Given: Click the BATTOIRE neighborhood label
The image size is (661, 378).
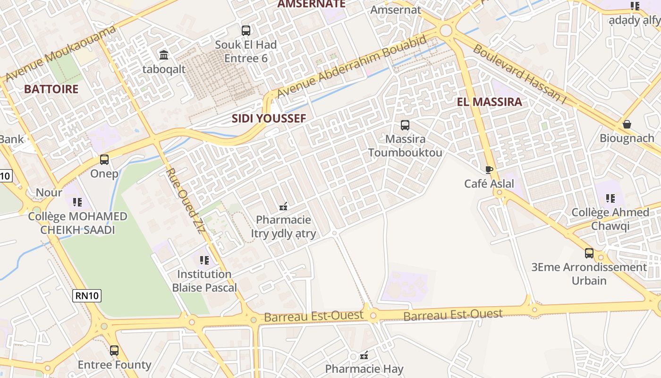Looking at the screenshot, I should (51, 89).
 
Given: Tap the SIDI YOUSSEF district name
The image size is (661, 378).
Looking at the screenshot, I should (269, 118).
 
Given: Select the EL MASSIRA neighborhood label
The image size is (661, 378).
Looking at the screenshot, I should (490, 102).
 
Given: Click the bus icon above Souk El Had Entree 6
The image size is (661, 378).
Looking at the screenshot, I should (246, 31).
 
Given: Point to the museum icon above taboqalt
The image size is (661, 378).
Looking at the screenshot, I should (164, 55).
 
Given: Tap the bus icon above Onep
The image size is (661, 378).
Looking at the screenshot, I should (104, 160).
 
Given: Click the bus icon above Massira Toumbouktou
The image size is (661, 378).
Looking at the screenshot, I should (405, 125).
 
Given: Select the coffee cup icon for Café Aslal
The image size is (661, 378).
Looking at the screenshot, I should (489, 170).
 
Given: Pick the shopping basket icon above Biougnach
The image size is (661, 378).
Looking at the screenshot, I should (627, 124).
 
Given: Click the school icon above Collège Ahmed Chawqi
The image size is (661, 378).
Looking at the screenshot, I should (610, 198).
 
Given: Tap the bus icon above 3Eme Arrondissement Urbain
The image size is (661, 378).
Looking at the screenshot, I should (589, 253).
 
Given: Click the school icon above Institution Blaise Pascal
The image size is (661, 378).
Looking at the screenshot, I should (204, 260).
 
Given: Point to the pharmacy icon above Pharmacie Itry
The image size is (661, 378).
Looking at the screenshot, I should (283, 206).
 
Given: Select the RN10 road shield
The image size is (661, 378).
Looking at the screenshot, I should (87, 296).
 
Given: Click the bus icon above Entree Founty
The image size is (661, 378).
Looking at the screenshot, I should (114, 351).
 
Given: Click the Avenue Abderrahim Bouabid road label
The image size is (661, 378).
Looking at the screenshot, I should (352, 66).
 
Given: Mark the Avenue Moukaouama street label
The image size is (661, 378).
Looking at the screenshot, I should (60, 53).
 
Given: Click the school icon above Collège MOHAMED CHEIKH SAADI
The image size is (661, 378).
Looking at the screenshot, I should (77, 202).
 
